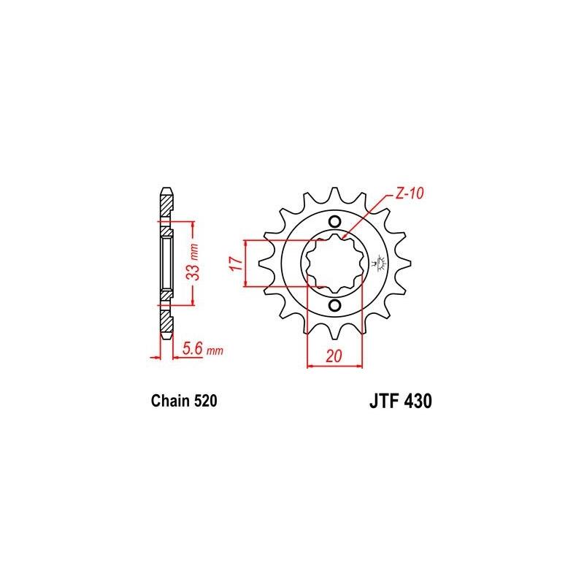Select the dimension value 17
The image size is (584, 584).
point(236,264)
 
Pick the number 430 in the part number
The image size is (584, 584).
point(418,401)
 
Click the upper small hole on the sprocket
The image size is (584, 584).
point(335,223)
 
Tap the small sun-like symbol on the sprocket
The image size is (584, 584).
point(380,261)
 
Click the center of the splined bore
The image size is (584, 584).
point(335,264)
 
